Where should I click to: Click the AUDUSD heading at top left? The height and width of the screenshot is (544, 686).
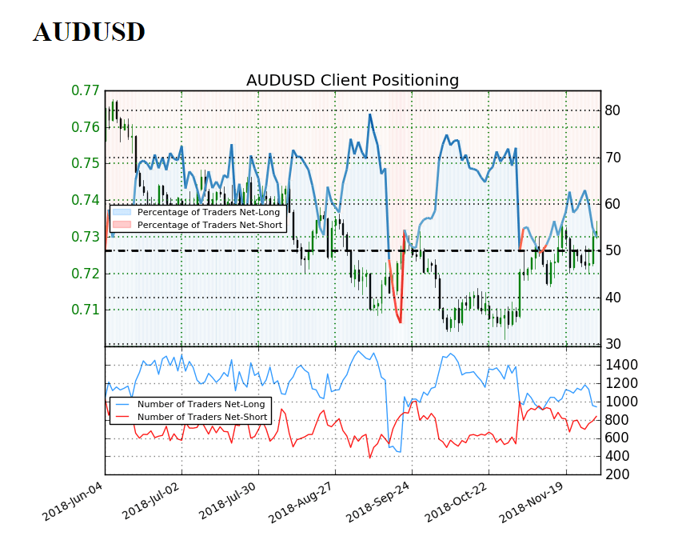[x=89, y=32]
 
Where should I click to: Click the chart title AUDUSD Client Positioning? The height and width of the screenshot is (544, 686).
[x=352, y=80]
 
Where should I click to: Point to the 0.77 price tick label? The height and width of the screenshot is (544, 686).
[x=86, y=90]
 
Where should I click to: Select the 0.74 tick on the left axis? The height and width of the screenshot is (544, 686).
[x=86, y=200]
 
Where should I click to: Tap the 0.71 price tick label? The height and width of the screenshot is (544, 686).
[x=86, y=310]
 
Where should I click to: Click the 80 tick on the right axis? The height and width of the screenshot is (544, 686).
[x=612, y=110]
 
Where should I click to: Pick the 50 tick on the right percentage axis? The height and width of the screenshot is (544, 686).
[x=612, y=250]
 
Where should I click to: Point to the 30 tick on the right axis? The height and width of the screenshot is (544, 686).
[x=612, y=344]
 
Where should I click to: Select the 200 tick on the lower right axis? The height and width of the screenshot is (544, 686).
[x=617, y=474]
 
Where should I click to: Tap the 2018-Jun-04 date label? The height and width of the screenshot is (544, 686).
[x=73, y=501]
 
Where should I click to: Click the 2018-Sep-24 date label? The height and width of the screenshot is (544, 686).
[x=377, y=501]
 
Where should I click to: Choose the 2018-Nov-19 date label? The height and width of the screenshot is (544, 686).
[x=531, y=501]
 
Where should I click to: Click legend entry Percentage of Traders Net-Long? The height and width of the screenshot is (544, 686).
[x=208, y=212]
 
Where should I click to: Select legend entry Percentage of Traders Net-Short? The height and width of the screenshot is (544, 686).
[x=209, y=225]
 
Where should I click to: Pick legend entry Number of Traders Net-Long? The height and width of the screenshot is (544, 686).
[x=201, y=404]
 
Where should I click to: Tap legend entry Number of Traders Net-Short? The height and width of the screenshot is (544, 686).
[x=202, y=417]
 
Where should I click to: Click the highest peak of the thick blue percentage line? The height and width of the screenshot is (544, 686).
[x=369, y=114]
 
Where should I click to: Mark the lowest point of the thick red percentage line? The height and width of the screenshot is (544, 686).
[x=400, y=322]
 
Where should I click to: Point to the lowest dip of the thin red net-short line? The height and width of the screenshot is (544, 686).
[x=369, y=458]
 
